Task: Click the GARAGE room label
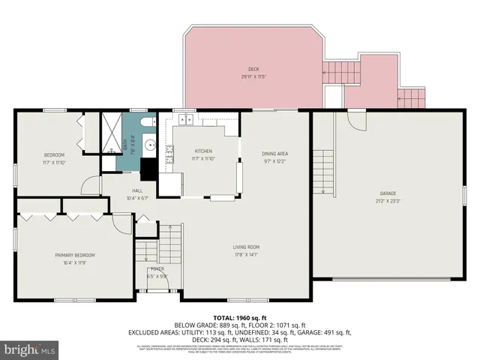387,193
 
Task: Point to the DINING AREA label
275,154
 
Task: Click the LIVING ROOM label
245,247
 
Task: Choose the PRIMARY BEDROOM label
74,255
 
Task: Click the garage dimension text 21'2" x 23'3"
387,201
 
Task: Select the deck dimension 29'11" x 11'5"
254,76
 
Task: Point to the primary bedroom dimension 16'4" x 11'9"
74,263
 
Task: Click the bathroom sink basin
149,145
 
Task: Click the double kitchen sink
184,120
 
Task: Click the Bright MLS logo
30,349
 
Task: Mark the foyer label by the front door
157,268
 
